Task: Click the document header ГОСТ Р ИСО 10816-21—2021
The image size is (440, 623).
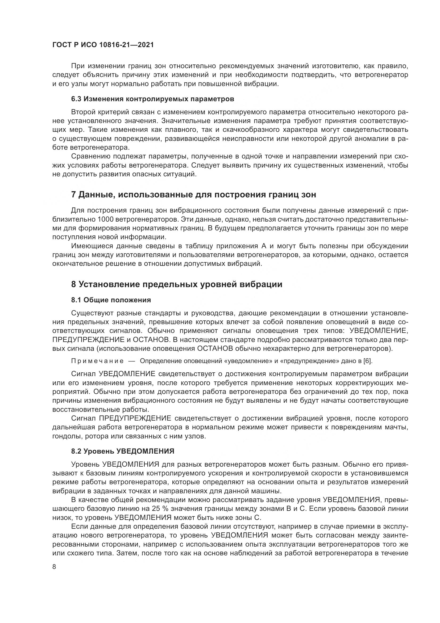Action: click(x=103, y=45)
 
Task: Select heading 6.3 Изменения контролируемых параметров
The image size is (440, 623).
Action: click(x=152, y=99)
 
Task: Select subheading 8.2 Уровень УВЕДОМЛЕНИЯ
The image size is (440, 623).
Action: click(x=123, y=451)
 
